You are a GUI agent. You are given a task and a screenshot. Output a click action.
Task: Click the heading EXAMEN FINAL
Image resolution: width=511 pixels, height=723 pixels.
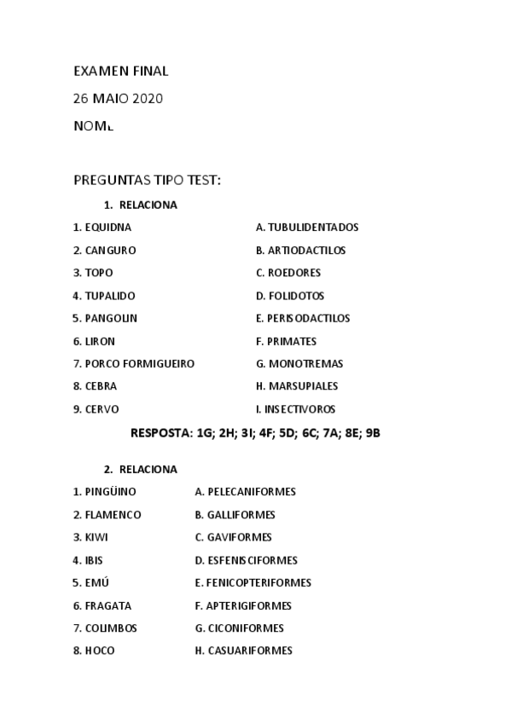(x=120, y=71)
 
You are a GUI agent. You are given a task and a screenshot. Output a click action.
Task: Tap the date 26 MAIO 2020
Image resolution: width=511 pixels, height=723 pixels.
(x=118, y=98)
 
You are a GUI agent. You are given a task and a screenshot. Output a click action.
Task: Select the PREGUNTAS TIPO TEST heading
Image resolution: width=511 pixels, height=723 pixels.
(x=147, y=180)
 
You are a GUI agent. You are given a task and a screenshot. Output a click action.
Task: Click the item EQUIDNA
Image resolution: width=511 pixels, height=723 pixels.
(x=102, y=228)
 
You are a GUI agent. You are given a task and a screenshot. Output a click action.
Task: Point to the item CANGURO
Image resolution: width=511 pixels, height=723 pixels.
(x=104, y=251)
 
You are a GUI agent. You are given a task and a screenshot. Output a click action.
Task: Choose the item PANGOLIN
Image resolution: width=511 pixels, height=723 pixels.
(x=105, y=318)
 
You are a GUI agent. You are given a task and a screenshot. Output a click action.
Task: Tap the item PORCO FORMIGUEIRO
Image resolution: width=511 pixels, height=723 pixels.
(x=134, y=363)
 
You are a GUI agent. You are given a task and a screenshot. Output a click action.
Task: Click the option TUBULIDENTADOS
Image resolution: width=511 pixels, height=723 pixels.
(x=307, y=228)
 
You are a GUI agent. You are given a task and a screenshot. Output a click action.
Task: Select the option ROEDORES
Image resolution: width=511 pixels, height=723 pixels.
(x=288, y=273)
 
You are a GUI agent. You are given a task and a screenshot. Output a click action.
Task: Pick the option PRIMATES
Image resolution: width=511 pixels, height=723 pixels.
(x=286, y=341)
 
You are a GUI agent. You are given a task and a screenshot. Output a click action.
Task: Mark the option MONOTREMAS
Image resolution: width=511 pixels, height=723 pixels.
(x=299, y=363)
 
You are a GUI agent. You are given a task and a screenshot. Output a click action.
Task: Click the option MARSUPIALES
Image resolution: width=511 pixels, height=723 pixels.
(x=297, y=386)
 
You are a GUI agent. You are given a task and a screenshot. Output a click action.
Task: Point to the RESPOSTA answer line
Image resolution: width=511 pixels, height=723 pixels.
(x=255, y=432)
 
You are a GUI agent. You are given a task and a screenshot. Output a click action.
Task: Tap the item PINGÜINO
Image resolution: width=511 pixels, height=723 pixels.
(x=104, y=492)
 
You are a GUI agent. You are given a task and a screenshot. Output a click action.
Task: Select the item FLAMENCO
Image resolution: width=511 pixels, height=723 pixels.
(x=107, y=515)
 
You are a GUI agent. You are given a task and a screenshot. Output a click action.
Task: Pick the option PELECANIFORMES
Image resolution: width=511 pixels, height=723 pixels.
(x=246, y=492)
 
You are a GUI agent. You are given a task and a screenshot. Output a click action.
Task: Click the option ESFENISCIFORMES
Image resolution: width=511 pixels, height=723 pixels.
(x=247, y=560)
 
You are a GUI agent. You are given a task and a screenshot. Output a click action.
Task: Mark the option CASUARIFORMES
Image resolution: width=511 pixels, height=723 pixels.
(x=244, y=651)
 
